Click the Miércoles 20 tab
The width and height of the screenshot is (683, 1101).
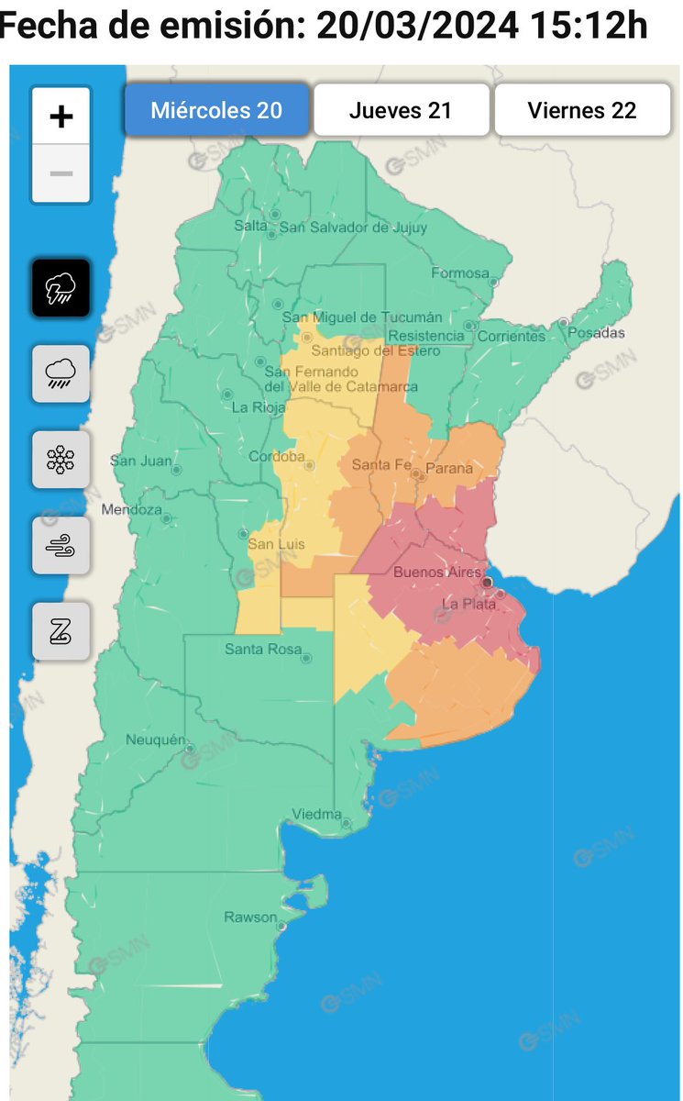216,111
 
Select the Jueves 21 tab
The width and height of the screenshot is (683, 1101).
401,111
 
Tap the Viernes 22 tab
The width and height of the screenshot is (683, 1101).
582,111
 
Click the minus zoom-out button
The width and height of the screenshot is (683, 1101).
61,173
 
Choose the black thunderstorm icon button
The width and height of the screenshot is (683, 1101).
61,288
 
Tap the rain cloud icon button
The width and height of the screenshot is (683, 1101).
61,373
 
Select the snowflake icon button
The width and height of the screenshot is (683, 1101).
61,460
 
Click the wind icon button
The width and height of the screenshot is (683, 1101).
61,545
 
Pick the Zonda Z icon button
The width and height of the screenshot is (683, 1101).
61,631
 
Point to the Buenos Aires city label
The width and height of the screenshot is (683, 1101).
436,573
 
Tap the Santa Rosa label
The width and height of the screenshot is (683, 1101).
263,650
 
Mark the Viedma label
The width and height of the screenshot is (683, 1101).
316,815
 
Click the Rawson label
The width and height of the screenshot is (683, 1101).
250,917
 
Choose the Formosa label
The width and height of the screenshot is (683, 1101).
460,272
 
